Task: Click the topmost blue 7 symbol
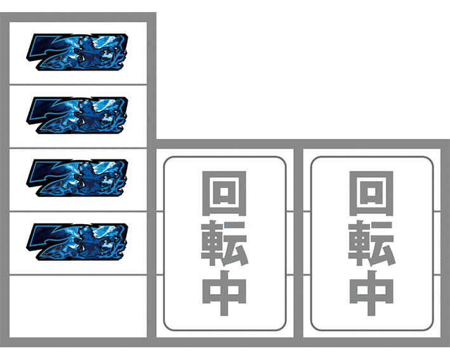click(x=77, y=52)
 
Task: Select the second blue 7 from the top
click(x=77, y=116)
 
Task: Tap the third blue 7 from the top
click(x=77, y=178)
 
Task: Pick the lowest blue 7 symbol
click(x=77, y=242)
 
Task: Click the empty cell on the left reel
click(x=78, y=307)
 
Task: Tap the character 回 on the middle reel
click(x=224, y=193)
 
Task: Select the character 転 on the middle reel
click(x=225, y=243)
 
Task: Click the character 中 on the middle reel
click(x=224, y=293)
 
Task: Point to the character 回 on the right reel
click(x=371, y=193)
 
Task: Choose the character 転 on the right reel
click(x=372, y=243)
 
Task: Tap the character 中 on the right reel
click(x=371, y=293)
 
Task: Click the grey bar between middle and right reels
click(x=298, y=243)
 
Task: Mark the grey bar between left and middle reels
click(x=152, y=180)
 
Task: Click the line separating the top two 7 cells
click(x=78, y=84)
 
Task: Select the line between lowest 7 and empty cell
click(x=78, y=275)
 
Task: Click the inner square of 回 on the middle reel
click(x=224, y=192)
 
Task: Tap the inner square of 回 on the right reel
click(x=371, y=192)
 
